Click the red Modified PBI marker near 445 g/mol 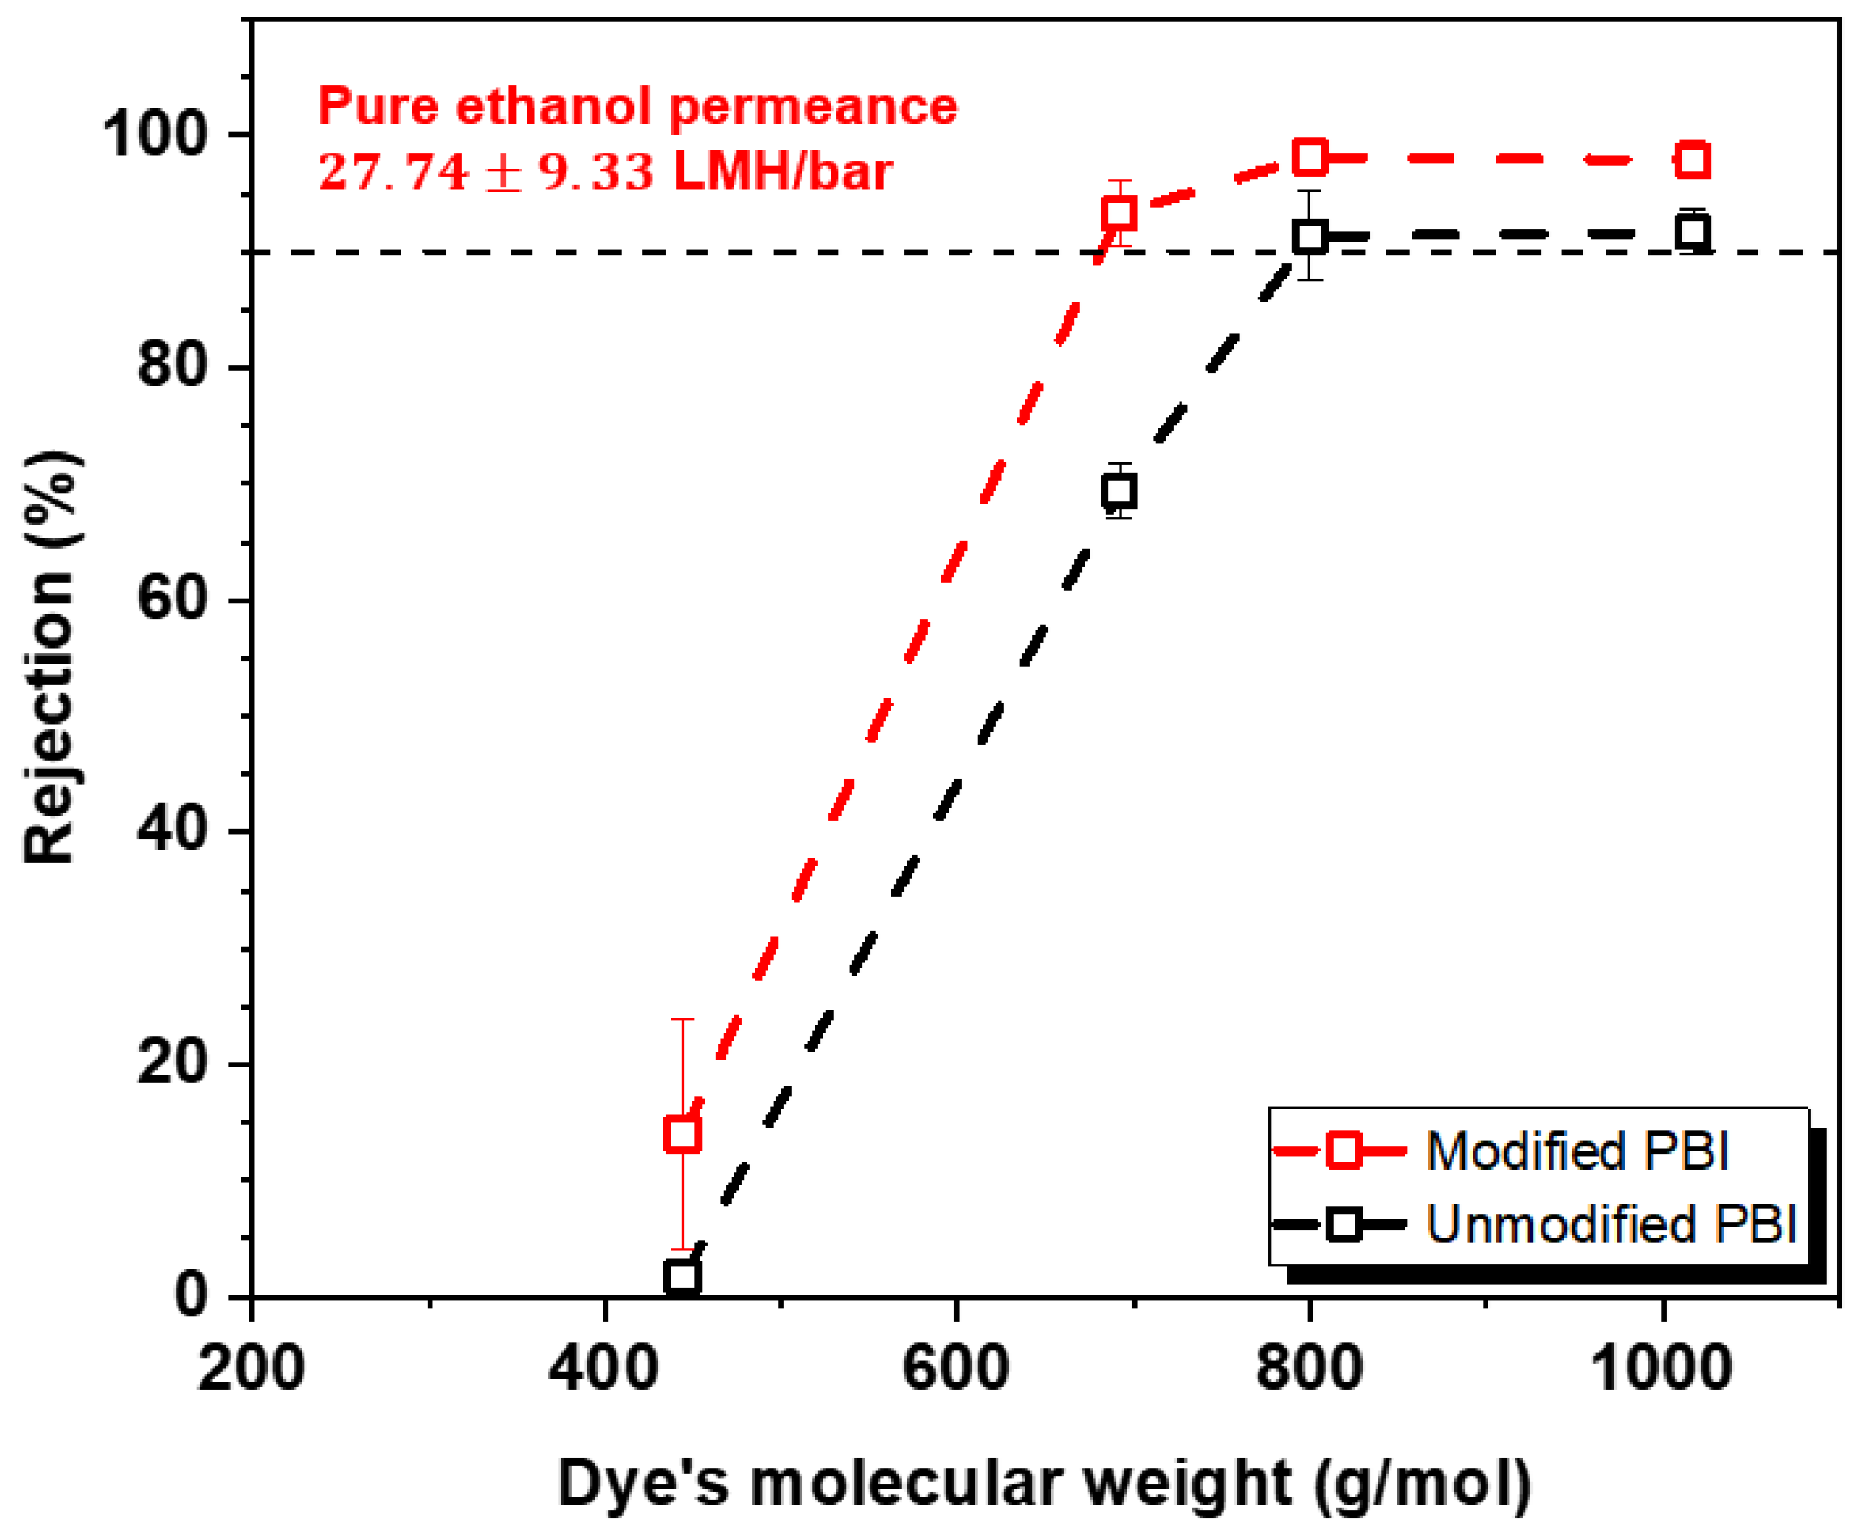(x=682, y=1134)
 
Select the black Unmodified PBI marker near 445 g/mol (x=682, y=1277)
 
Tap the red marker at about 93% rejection (x=1120, y=213)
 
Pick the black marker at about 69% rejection (x=1120, y=492)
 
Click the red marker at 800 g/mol (x=1310, y=158)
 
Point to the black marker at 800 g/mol (x=1310, y=237)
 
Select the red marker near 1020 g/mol (x=1694, y=160)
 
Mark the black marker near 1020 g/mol (x=1694, y=233)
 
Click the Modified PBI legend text (x=1576, y=1152)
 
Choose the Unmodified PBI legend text (x=1611, y=1225)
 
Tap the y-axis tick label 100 (x=155, y=135)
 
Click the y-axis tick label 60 (x=172, y=600)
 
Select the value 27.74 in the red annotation (x=392, y=171)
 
